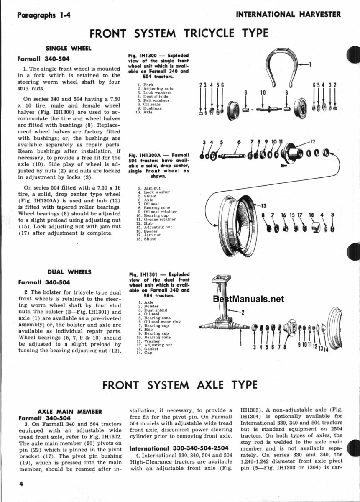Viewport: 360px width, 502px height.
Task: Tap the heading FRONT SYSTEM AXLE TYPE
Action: click(x=180, y=384)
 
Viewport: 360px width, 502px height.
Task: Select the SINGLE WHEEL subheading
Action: click(x=68, y=48)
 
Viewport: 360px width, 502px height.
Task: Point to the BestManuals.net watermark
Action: click(x=248, y=299)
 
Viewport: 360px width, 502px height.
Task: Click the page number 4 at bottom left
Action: click(x=20, y=484)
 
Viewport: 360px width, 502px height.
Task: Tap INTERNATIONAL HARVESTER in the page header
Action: click(x=288, y=14)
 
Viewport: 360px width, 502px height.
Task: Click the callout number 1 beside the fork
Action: click(x=310, y=64)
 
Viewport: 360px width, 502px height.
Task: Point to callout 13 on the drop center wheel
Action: click(x=263, y=205)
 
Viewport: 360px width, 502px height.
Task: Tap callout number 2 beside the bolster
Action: click(x=243, y=312)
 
